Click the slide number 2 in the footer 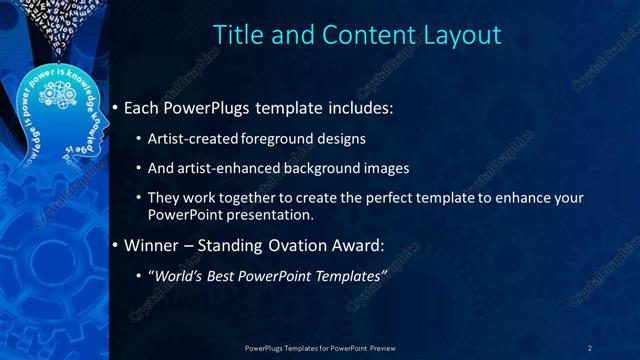point(590,347)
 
